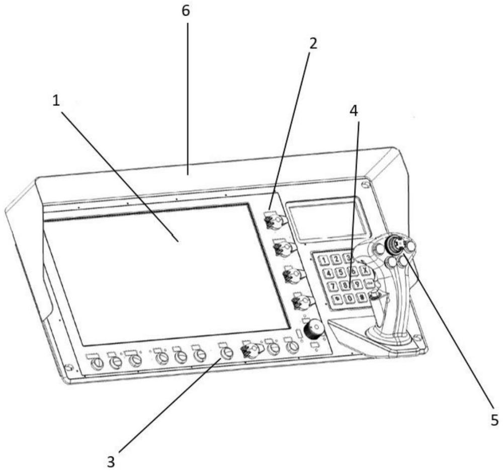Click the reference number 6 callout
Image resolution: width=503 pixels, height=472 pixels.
point(187,12)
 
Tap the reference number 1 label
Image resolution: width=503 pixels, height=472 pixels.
point(56,100)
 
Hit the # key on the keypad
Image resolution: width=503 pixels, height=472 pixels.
point(361,297)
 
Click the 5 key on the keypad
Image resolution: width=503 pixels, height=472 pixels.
point(341,273)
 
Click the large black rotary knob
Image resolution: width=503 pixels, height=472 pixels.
point(314,330)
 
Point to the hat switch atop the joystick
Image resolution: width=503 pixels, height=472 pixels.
point(393,244)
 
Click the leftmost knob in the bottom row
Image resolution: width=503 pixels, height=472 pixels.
point(98,363)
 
